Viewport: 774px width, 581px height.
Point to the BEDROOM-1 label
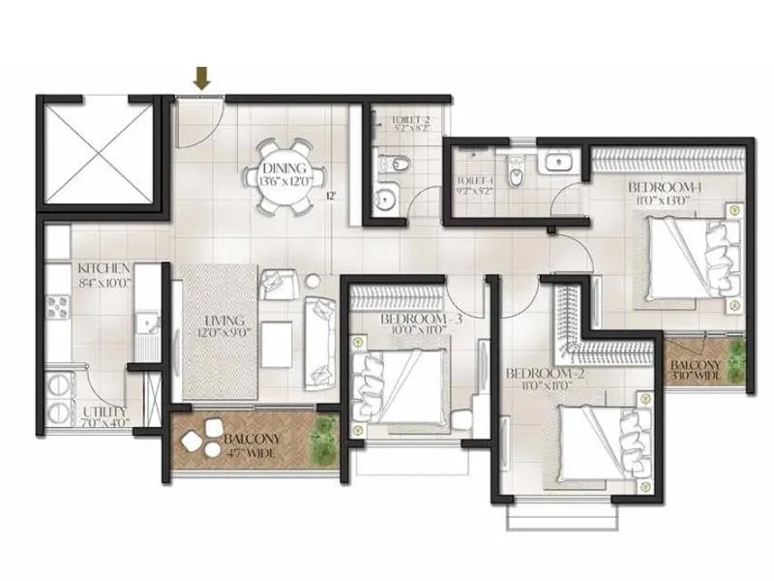coord(665,186)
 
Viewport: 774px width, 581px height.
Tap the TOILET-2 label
coord(409,121)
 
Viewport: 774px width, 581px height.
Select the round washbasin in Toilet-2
coord(386,200)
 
